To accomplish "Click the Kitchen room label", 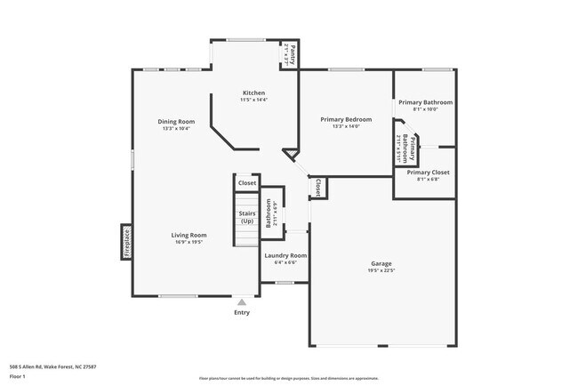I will coord(253,92).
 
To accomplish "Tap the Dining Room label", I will coord(178,121).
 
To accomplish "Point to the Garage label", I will coord(381,263).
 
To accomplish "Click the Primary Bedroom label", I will coord(346,119).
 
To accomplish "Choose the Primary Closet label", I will coord(428,172).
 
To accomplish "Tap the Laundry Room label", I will coord(285,255).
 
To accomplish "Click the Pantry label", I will coord(290,56).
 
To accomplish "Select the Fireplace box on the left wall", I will coord(126,242).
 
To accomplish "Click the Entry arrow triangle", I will coord(241,302).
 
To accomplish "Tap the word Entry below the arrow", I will coord(241,312).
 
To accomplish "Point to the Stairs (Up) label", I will coord(247,217).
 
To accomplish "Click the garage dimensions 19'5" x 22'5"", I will coord(381,270).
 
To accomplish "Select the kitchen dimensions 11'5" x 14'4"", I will coord(253,100).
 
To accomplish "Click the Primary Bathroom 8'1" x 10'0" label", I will coord(425,106).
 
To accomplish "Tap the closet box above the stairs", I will coord(246,183).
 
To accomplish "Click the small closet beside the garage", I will coord(318,188).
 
